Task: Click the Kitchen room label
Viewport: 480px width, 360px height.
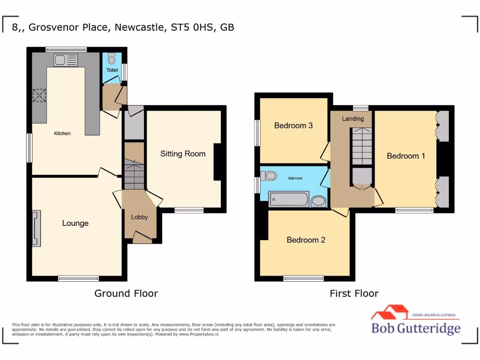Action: (x=62, y=134)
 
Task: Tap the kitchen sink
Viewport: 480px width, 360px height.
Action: (x=65, y=60)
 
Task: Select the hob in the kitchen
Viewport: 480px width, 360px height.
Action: (x=38, y=95)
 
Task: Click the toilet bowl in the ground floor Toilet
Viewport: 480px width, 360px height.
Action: (x=111, y=59)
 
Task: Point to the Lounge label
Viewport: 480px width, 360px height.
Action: (x=75, y=223)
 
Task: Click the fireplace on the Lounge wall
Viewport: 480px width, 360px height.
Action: (x=36, y=228)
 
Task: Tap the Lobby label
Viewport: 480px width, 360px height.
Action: (x=139, y=217)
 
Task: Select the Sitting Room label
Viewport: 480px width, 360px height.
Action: (x=183, y=154)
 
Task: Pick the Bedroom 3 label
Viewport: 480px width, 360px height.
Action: (x=293, y=126)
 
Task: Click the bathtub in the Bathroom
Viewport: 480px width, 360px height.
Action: (x=288, y=199)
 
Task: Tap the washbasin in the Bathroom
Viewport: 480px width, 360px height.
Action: (x=319, y=201)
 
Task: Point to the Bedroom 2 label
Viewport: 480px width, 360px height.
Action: (x=306, y=240)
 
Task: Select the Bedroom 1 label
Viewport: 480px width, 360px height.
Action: (x=406, y=156)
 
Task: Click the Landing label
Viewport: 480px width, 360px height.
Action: (x=352, y=119)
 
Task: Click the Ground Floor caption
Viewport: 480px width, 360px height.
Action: (x=126, y=293)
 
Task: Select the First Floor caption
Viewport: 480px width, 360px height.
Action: (x=354, y=293)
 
